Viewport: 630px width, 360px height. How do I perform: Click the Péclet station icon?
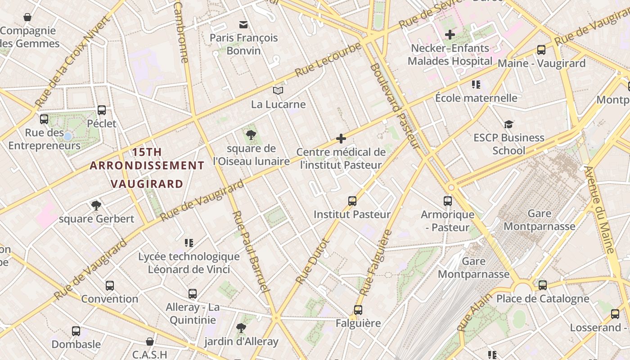pos(102,110)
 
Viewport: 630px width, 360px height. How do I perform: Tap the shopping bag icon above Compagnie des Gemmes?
pos(27,18)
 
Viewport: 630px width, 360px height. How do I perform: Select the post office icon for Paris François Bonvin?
pos(243,24)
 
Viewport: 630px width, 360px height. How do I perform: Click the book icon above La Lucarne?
pos(278,91)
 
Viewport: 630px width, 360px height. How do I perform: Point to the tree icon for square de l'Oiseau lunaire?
pos(251,135)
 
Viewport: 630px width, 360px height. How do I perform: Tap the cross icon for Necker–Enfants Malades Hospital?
pos(450,34)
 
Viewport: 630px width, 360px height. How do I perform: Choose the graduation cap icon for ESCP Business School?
pos(508,124)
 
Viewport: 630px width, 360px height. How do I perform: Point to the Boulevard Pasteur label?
pos(395,106)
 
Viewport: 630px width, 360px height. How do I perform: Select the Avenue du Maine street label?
pos(599,209)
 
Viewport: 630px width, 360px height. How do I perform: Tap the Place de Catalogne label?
pos(542,298)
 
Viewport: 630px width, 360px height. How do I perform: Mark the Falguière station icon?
pos(358,310)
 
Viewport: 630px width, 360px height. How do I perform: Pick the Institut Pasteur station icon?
pos(352,201)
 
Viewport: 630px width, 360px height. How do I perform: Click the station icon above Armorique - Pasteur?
pos(448,201)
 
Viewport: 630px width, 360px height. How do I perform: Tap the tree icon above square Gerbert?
pos(96,206)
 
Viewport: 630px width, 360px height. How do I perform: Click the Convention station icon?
pos(110,285)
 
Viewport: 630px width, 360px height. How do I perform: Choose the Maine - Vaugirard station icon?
pos(541,50)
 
